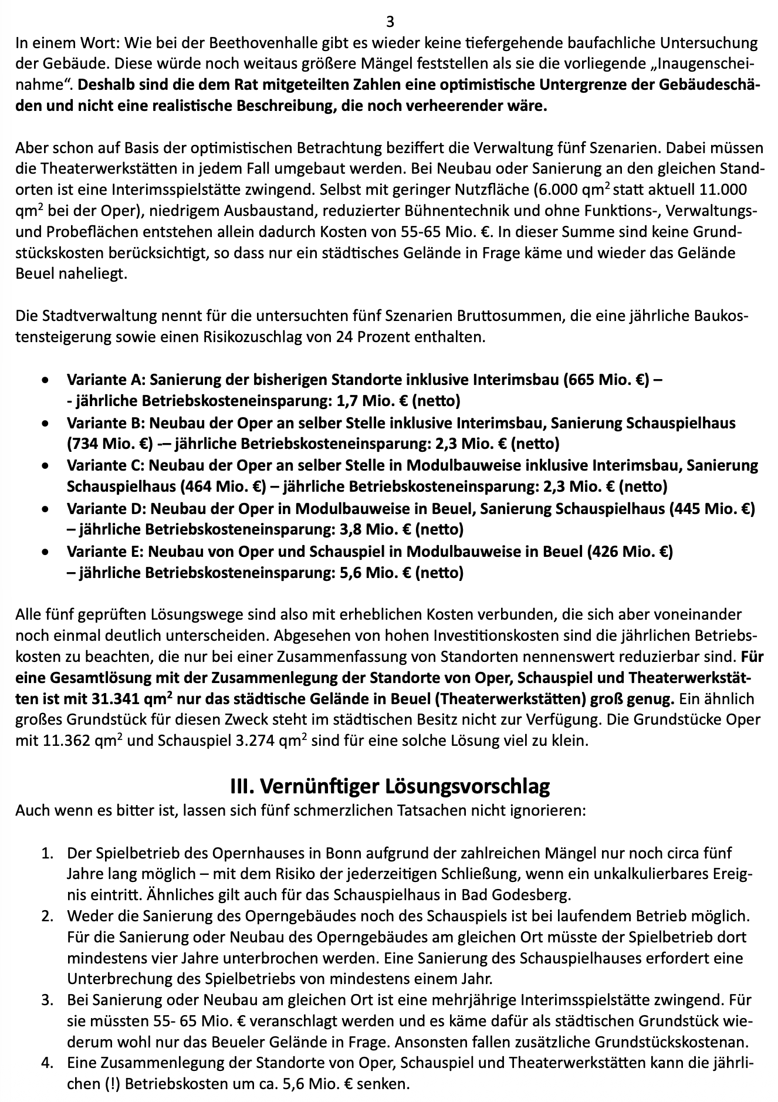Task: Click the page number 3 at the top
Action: point(390,22)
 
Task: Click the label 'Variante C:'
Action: point(106,465)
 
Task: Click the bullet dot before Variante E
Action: point(45,552)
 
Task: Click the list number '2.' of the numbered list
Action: point(48,916)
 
